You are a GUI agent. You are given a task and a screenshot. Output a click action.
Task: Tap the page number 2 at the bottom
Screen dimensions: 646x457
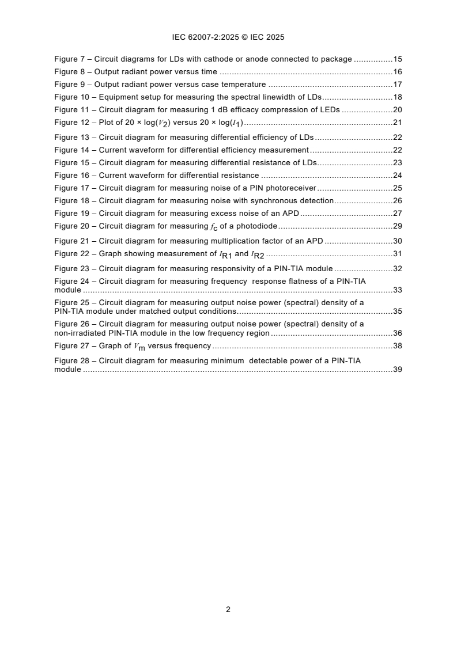[228, 609]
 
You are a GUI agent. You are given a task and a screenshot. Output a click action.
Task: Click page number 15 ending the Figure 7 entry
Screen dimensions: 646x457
[397, 59]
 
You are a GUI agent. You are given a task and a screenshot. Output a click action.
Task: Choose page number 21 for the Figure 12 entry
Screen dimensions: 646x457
[397, 123]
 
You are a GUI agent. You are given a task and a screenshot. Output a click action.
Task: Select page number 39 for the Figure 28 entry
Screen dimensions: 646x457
[397, 370]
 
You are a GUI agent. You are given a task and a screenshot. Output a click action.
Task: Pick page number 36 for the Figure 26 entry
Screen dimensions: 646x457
[397, 333]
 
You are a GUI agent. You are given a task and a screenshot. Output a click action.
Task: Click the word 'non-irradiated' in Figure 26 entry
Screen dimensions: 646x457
[79, 333]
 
